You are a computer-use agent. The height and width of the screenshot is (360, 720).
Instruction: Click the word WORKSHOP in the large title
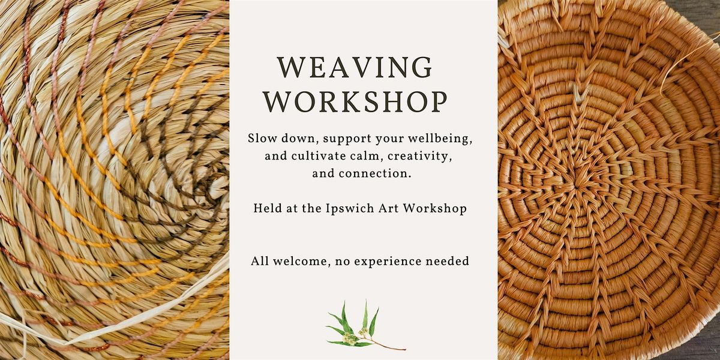(356, 102)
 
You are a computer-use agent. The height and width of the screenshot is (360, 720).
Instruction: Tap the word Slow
(261, 139)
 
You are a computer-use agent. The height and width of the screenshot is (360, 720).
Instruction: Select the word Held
(266, 209)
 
